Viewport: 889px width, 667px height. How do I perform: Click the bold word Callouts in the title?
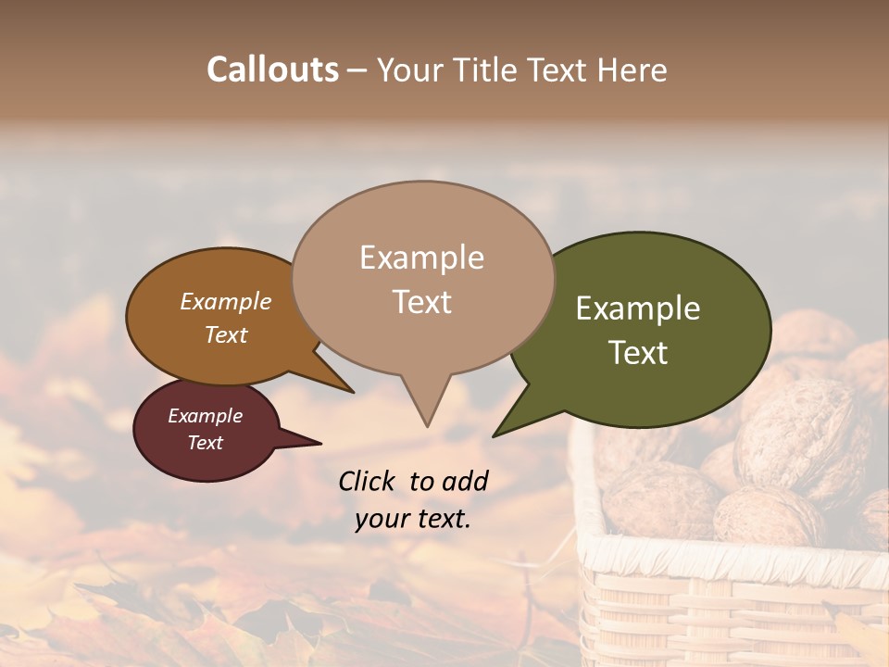tap(272, 69)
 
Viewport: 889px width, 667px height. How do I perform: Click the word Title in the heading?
tap(496, 69)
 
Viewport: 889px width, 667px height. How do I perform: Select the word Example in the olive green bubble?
tap(638, 308)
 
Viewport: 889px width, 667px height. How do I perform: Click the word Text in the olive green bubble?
tap(638, 353)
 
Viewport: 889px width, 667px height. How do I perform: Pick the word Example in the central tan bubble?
tap(421, 258)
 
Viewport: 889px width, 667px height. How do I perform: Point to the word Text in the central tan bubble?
tap(421, 302)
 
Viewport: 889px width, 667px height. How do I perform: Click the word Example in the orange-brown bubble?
tap(225, 302)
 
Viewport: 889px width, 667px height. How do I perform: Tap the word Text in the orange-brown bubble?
tap(225, 334)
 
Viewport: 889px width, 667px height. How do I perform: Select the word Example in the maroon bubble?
tap(205, 416)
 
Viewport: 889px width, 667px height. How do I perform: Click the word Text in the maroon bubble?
tap(205, 443)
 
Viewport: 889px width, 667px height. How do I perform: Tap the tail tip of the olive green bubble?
tap(496, 434)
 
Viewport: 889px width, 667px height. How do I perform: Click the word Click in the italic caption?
tap(367, 481)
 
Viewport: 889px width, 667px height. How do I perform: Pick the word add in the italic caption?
tap(465, 481)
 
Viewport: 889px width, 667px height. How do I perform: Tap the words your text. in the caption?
tap(412, 519)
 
